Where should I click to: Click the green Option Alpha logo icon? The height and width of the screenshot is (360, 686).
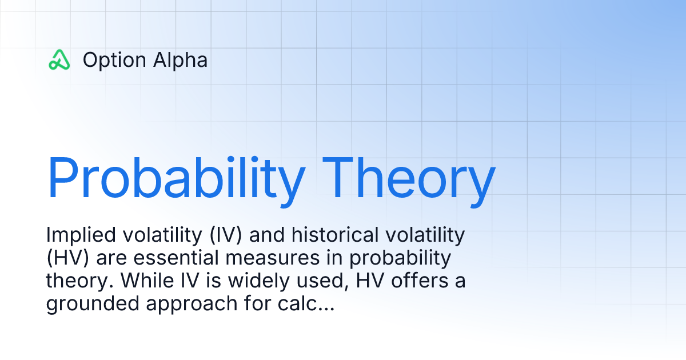[59, 59]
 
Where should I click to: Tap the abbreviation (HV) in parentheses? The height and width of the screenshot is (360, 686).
[68, 258]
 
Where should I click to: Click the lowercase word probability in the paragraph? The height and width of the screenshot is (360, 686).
[400, 258]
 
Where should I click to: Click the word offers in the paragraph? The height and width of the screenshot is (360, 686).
[415, 281]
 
